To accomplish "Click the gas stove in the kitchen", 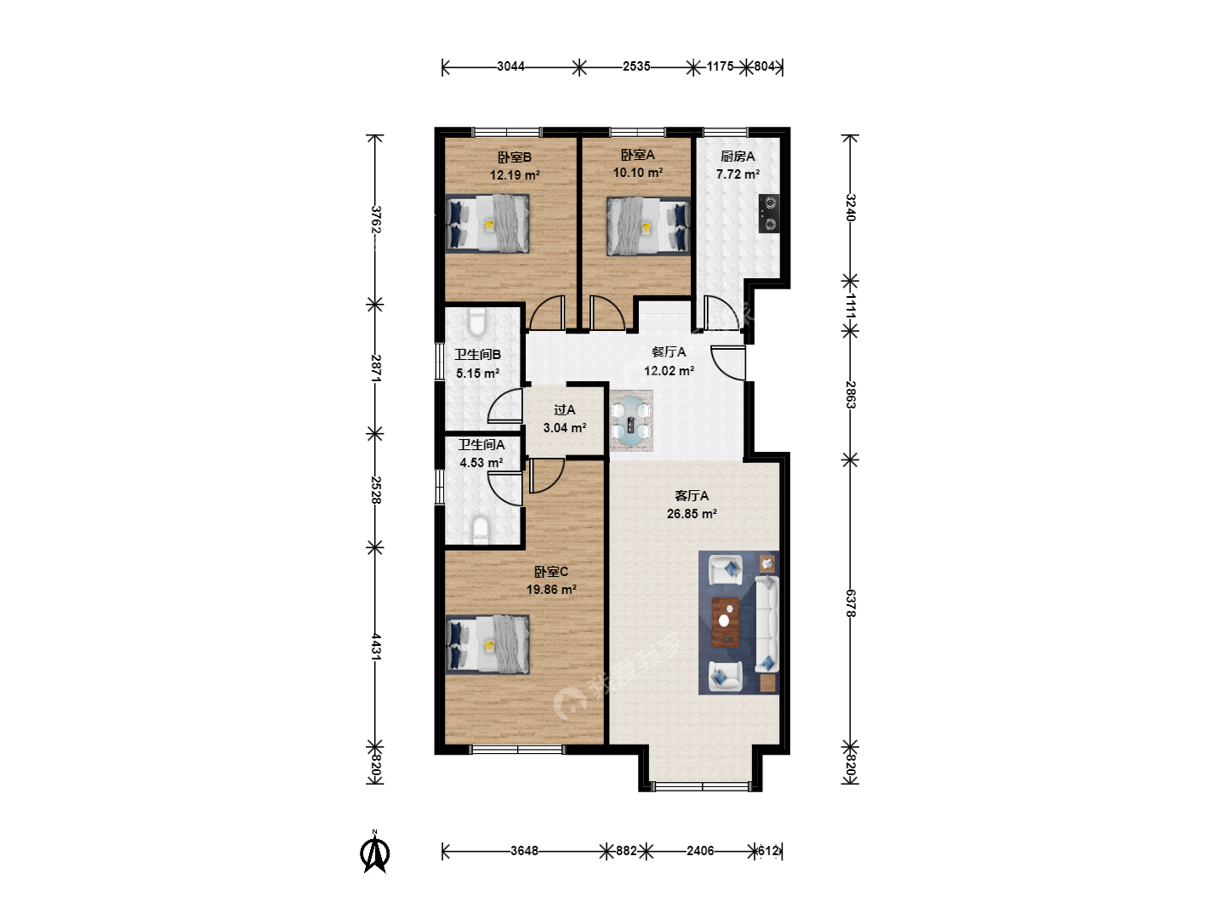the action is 768,213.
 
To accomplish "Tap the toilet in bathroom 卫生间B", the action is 476,323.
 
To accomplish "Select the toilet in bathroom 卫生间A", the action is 480,529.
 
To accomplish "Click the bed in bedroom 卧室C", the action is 487,644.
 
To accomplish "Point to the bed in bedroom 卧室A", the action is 648,225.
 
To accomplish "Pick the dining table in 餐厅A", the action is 630,420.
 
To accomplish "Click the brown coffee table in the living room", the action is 726,621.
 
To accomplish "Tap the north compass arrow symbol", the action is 376,852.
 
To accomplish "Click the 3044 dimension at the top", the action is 510,66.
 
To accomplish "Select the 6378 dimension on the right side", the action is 850,603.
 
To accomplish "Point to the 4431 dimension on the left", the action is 376,647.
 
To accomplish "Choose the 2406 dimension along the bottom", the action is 700,850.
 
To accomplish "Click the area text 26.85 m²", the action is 692,513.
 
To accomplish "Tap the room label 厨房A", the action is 738,157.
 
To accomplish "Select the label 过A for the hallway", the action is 564,410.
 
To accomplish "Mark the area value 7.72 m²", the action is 738,174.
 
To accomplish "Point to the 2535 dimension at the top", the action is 636,66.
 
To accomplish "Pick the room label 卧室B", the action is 515,157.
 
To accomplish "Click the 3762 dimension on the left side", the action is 376,220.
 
